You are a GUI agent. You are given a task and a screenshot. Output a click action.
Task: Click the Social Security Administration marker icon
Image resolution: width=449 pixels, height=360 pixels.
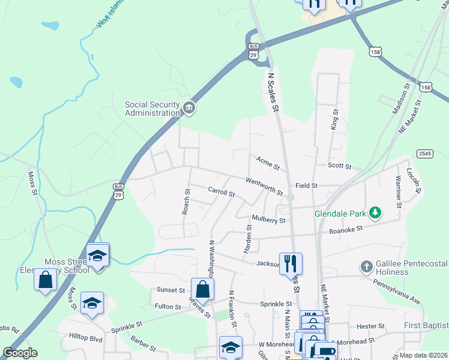189,108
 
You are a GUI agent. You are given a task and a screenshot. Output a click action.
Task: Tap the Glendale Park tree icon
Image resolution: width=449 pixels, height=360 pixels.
375,212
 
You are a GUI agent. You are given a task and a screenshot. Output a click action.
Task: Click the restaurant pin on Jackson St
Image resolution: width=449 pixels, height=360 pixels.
291,263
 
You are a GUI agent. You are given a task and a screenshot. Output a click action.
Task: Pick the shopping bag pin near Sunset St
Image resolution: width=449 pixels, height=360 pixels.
203,289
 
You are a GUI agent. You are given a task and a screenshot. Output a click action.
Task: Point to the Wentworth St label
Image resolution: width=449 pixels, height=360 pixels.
264,186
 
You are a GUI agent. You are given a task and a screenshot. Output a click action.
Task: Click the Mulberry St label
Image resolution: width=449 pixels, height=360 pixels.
268,220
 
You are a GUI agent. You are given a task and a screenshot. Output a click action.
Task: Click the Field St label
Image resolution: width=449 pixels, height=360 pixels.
306,186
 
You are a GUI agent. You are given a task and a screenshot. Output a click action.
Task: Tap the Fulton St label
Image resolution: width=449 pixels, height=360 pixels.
168,307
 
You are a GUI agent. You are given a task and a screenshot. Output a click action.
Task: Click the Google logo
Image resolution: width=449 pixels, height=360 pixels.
20,353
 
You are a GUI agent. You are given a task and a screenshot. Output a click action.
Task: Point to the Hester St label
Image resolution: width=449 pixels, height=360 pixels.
370,326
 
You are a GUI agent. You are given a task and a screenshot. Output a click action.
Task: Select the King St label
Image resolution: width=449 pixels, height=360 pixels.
334,119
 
